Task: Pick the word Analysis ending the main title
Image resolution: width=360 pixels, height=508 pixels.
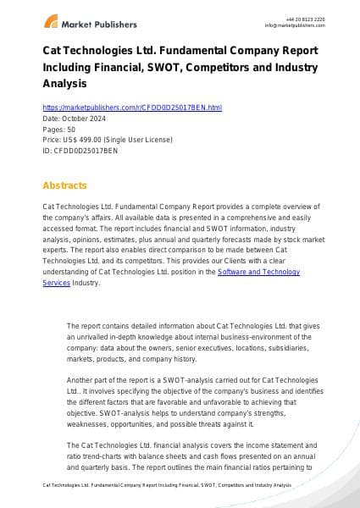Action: tap(64, 85)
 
